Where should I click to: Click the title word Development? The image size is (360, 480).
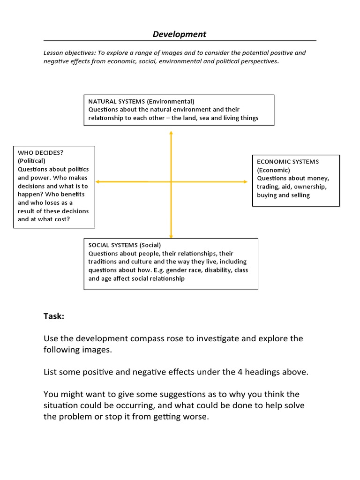(180, 34)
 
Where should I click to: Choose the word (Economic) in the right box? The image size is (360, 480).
(273, 170)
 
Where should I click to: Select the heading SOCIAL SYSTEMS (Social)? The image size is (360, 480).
(124, 245)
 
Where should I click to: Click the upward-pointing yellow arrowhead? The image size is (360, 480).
(171, 134)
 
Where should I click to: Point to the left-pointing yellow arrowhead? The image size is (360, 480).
(97, 181)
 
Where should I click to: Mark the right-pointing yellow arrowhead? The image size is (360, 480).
(245, 181)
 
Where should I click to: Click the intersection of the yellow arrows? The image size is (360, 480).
(171, 181)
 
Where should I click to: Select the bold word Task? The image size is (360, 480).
(54, 316)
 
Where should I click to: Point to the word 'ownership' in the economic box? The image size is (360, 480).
(312, 187)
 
